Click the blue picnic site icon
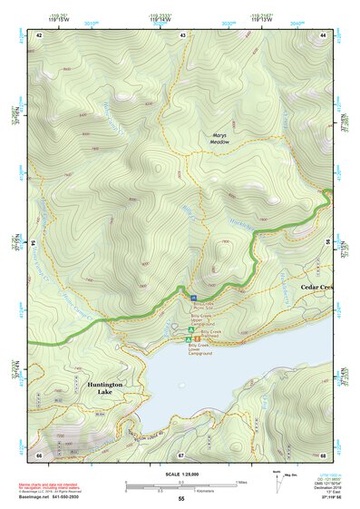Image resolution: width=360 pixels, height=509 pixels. click(194, 298)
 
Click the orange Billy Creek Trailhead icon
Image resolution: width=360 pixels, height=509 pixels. click(197, 338)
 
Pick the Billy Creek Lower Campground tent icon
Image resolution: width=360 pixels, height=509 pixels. click(188, 339)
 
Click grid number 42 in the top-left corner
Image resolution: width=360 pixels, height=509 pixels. click(40, 34)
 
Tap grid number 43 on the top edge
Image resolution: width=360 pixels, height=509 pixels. click(183, 34)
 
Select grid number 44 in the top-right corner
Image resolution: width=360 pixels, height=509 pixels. click(323, 34)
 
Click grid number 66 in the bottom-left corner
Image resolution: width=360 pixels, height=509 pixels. click(40, 454)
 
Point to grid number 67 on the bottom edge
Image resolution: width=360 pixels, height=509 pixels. click(181, 454)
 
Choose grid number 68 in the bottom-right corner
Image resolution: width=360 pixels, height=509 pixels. click(323, 454)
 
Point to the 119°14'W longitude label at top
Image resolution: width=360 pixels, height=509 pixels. click(183, 17)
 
